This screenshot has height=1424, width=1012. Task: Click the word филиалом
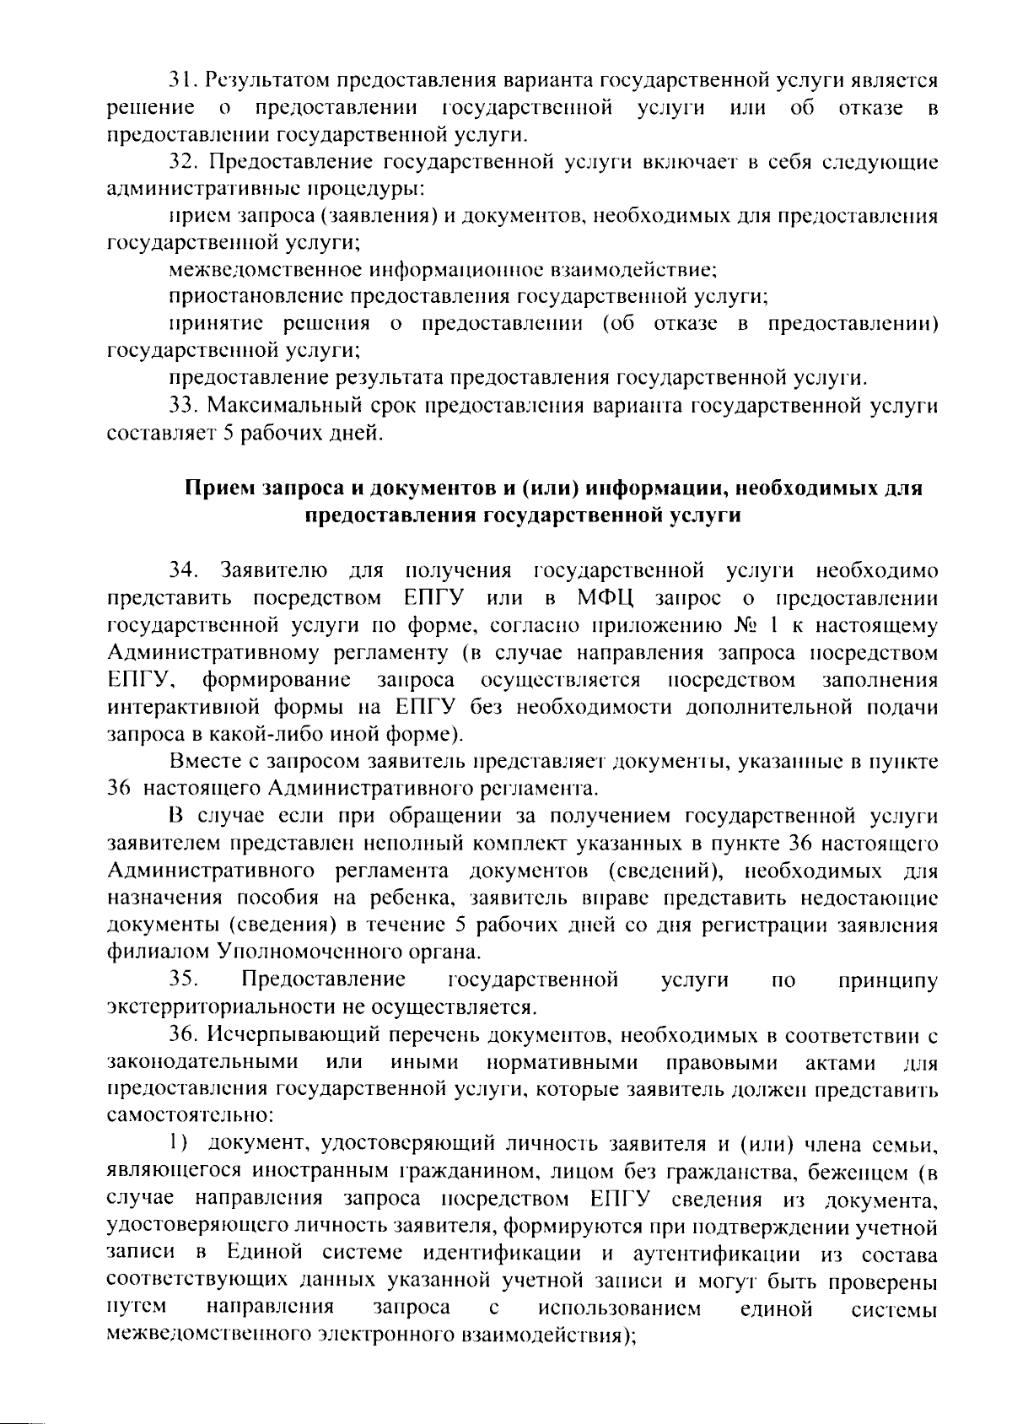pyautogui.click(x=159, y=952)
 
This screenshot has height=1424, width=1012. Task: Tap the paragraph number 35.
pyautogui.click(x=183, y=979)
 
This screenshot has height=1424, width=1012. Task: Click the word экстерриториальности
pyautogui.click(x=221, y=1006)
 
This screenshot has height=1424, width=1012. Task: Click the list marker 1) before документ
pyautogui.click(x=176, y=1144)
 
